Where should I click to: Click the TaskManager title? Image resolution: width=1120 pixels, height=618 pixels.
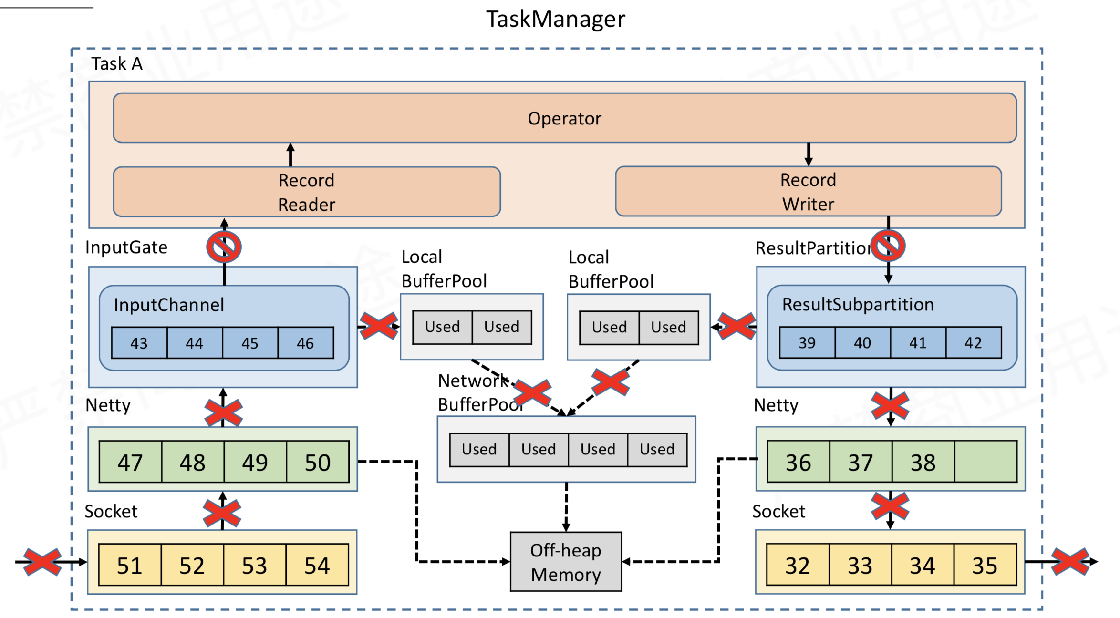(x=555, y=20)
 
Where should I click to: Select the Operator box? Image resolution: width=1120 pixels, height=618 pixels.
(x=565, y=118)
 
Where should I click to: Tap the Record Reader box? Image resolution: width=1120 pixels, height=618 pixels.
(x=307, y=192)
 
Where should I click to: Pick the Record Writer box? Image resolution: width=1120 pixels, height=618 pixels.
(x=809, y=191)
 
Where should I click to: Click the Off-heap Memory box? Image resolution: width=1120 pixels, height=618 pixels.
(x=566, y=562)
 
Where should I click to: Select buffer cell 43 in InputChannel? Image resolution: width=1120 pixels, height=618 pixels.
(x=139, y=343)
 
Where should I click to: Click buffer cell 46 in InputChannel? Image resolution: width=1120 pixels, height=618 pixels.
(x=306, y=343)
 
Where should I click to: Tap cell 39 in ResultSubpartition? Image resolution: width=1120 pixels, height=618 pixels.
(x=807, y=342)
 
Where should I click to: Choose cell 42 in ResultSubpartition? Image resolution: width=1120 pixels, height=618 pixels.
(x=974, y=342)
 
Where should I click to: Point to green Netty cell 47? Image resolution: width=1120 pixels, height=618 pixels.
(x=130, y=462)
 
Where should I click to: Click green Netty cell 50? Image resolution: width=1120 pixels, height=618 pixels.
(x=318, y=462)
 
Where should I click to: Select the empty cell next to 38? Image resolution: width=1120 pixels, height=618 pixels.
(x=985, y=462)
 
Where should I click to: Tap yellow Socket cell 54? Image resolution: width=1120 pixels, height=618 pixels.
(x=317, y=565)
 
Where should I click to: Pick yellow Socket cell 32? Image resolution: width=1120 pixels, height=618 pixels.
(x=798, y=565)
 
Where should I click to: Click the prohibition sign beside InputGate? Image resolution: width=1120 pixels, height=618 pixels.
(x=224, y=247)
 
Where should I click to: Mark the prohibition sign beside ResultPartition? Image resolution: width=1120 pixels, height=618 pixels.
(x=888, y=246)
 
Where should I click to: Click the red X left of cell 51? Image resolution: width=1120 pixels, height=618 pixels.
(x=42, y=562)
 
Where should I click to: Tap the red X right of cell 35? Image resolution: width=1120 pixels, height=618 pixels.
(x=1070, y=562)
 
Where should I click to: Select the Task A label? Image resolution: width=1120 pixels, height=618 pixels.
(x=117, y=63)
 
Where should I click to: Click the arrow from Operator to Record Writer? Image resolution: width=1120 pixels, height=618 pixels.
(x=809, y=154)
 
